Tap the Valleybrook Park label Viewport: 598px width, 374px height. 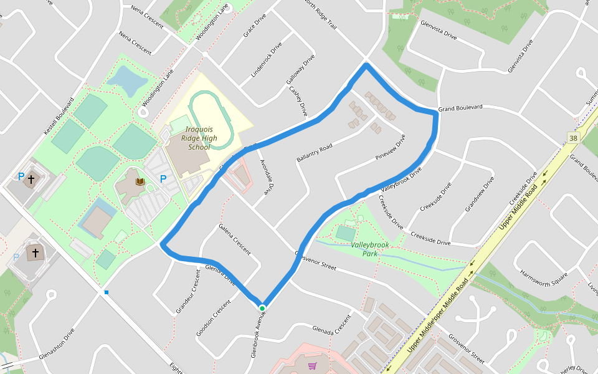[x=370, y=249]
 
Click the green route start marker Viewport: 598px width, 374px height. [x=262, y=308]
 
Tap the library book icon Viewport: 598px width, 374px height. [x=140, y=181]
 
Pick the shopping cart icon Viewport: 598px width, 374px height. [x=312, y=366]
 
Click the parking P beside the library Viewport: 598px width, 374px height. [x=163, y=180]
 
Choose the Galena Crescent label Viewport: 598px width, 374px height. [x=234, y=239]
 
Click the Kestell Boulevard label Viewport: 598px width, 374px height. [x=59, y=117]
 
